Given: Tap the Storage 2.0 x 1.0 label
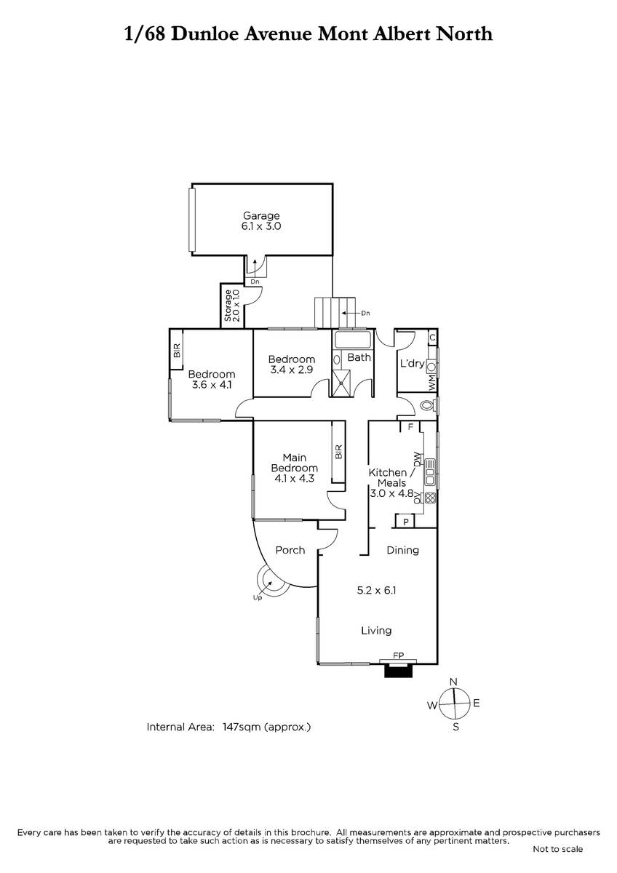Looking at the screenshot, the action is tap(232, 305).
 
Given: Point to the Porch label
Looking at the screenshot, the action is tap(290, 550).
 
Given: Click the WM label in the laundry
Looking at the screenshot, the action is tap(432, 383).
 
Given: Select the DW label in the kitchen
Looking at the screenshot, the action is tap(417, 459).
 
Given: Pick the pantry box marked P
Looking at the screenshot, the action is tap(405, 522).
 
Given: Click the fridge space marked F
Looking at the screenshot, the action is tap(410, 427).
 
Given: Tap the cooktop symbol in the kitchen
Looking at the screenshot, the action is tap(430, 498).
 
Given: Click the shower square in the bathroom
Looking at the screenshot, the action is tap(341, 383).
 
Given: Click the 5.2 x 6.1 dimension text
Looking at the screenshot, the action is tap(376, 590).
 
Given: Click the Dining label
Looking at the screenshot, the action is tap(402, 550).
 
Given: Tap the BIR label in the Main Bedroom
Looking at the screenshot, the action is tap(338, 452).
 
